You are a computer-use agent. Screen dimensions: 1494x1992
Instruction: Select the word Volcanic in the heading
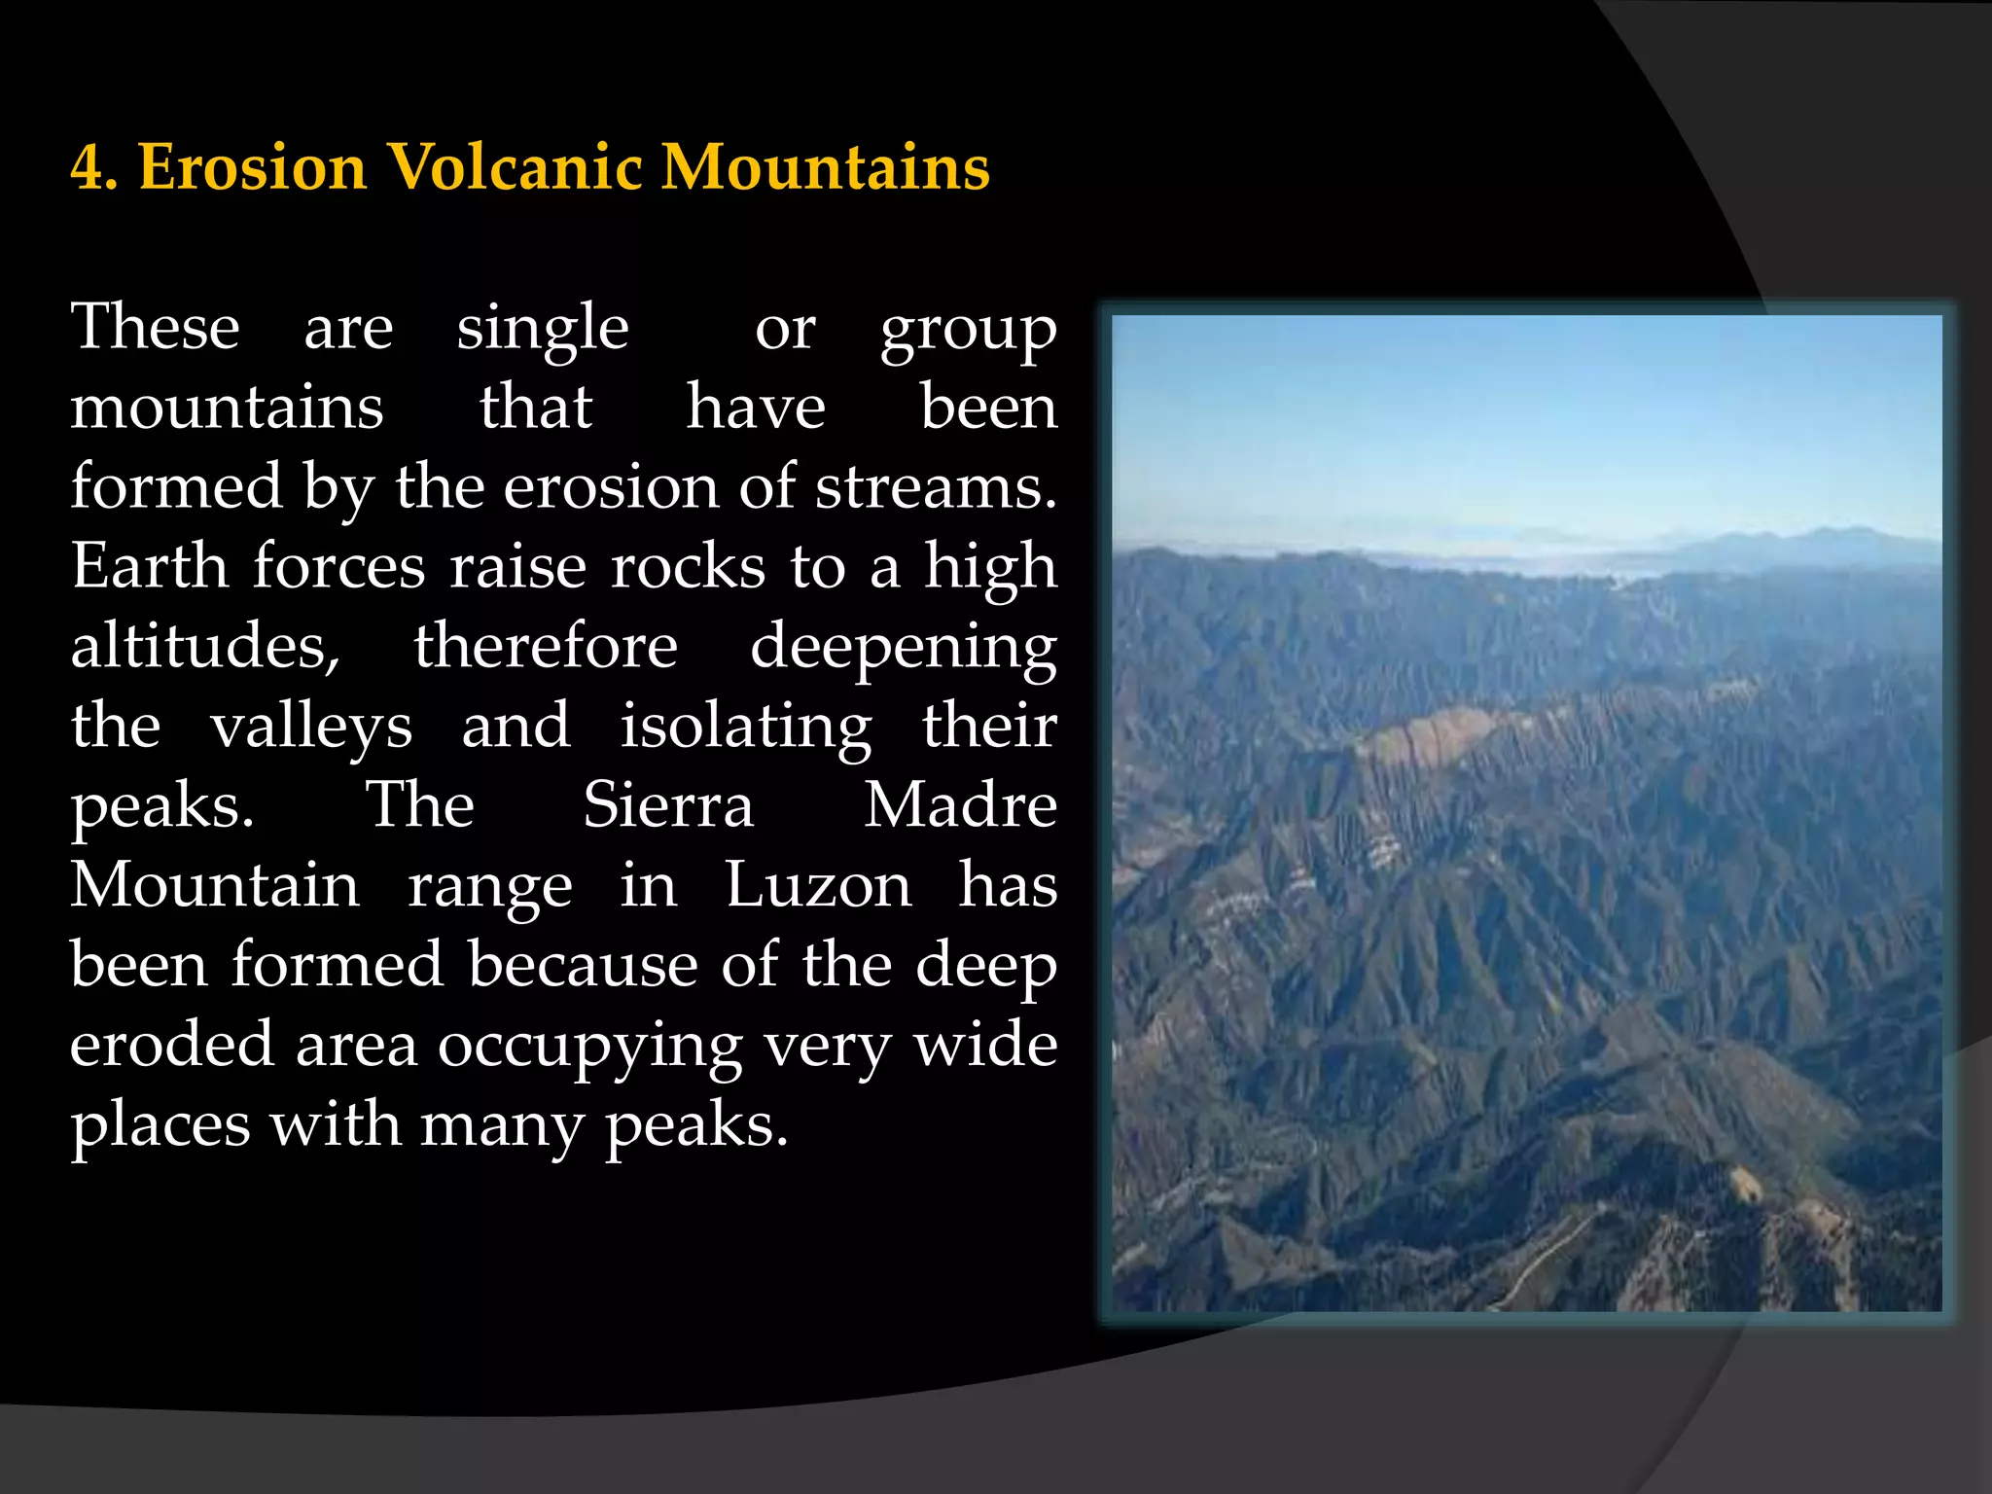point(516,167)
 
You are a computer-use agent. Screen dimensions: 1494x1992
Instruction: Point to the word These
point(156,327)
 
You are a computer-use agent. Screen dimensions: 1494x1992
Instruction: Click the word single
point(543,329)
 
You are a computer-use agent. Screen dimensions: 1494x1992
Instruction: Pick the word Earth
point(149,566)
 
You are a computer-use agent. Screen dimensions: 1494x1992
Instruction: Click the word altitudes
point(205,646)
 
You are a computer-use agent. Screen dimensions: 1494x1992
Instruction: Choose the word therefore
point(546,646)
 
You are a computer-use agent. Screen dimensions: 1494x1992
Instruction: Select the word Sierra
point(668,805)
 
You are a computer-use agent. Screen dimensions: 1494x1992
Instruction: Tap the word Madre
point(961,805)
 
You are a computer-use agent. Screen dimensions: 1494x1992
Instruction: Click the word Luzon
point(818,885)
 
